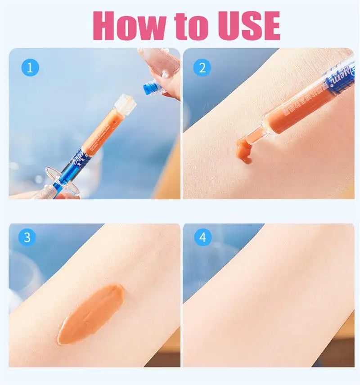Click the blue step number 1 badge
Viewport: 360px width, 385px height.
point(30,67)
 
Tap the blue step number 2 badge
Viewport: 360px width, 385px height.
point(202,67)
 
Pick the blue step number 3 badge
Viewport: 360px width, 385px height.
point(27,237)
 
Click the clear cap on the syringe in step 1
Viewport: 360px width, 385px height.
point(124,103)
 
